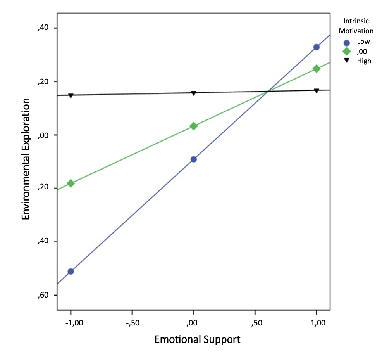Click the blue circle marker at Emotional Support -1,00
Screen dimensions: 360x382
tap(71, 271)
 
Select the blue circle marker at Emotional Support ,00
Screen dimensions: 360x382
tap(194, 159)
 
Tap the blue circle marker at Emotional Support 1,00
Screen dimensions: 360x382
tap(317, 47)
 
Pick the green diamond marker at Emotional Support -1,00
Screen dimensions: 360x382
tap(71, 183)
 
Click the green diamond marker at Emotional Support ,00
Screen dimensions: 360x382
tap(194, 126)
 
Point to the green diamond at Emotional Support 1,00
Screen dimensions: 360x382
tap(317, 69)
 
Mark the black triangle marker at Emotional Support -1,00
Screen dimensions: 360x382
tap(71, 95)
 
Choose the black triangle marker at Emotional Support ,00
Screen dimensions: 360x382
tap(194, 93)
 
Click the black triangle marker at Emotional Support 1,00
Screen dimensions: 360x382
tap(317, 91)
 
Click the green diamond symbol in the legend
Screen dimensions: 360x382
tap(347, 51)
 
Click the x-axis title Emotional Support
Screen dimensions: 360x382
tap(197, 339)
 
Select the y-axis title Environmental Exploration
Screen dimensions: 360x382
tap(26, 159)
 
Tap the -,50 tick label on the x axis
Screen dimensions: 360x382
tap(132, 323)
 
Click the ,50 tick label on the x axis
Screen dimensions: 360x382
tap(255, 323)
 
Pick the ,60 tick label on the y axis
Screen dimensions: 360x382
tap(43, 295)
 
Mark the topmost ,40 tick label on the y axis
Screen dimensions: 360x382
tap(43, 28)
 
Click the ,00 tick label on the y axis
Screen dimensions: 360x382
tap(43, 135)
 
